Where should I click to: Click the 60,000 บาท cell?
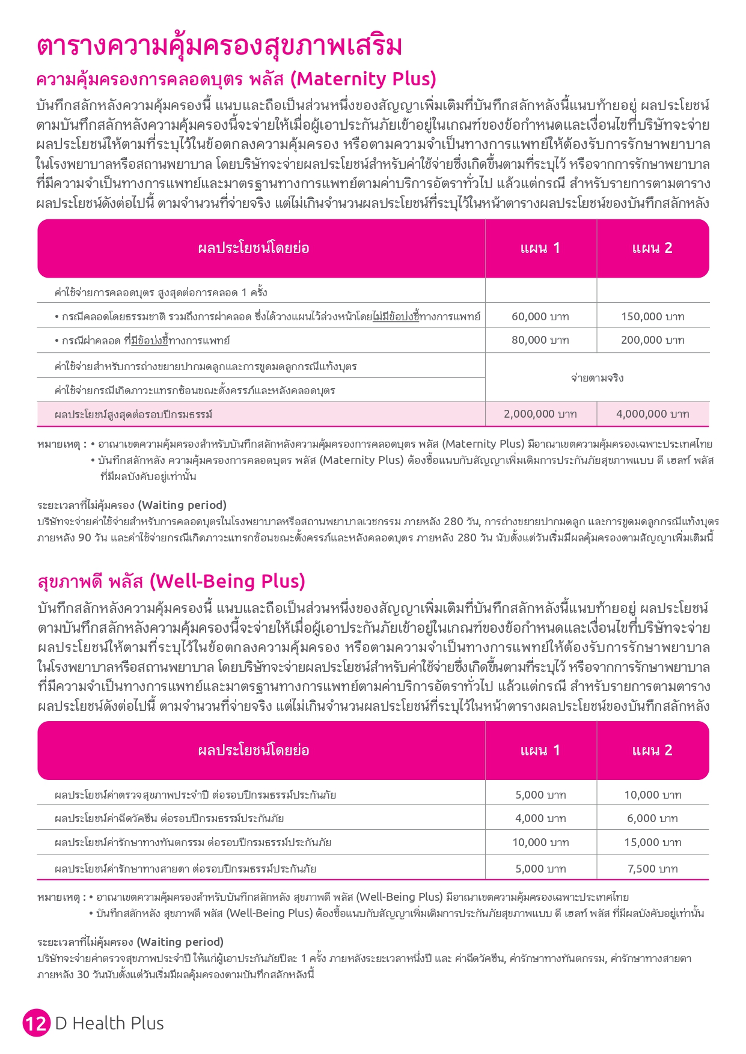(x=540, y=316)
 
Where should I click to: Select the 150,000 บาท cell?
(x=652, y=316)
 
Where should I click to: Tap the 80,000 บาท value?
(x=540, y=340)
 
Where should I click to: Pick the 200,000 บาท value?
(x=652, y=340)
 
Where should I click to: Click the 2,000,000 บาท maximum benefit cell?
(x=540, y=414)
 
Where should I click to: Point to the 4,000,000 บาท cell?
(x=652, y=414)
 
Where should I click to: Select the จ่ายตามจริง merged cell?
(x=597, y=378)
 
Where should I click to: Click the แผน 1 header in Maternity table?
(x=540, y=248)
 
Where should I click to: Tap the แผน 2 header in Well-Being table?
(x=652, y=751)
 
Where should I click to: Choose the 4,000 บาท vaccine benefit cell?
(x=540, y=818)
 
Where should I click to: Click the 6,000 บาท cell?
(x=652, y=818)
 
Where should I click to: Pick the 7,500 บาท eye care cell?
(x=652, y=869)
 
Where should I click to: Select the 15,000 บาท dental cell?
(x=652, y=842)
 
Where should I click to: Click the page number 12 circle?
(x=36, y=1023)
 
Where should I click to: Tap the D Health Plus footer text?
(x=109, y=1023)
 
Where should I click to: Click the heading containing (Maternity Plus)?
(x=236, y=79)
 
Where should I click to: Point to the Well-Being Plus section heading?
(x=171, y=582)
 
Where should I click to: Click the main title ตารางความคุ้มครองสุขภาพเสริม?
(x=219, y=46)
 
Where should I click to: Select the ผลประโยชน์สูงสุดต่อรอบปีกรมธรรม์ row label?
(x=133, y=415)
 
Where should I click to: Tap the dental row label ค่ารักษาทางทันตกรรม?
(x=192, y=842)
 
